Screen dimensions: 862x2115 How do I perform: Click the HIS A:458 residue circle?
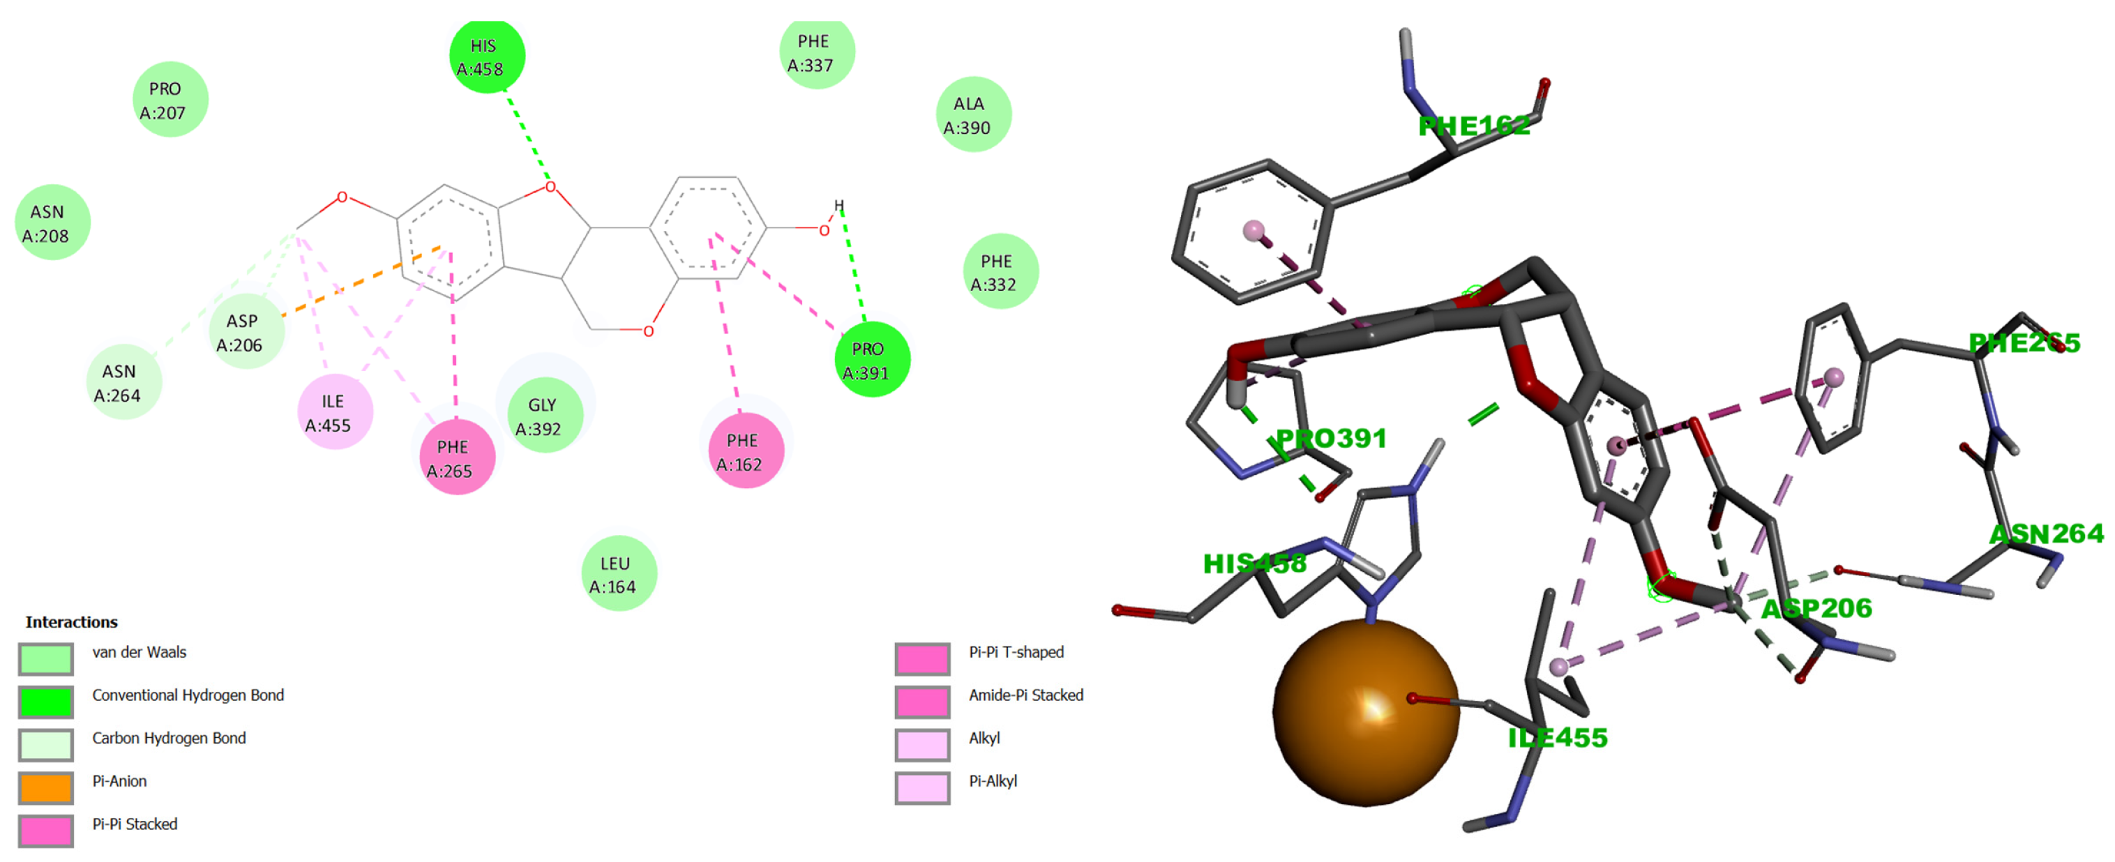click(487, 56)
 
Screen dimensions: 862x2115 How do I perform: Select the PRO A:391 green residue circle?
click(871, 361)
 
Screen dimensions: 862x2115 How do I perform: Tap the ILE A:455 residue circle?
click(334, 412)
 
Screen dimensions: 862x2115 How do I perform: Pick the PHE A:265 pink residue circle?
click(456, 458)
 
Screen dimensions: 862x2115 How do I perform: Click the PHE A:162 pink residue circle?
click(745, 451)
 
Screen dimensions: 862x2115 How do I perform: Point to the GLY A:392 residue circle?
click(543, 416)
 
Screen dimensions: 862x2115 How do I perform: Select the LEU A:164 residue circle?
click(618, 574)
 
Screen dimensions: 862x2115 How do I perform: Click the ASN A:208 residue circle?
click(52, 222)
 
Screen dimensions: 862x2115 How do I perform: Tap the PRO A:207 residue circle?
click(169, 99)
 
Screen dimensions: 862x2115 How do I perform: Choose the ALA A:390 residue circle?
click(972, 115)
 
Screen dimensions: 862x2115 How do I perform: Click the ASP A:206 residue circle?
click(246, 332)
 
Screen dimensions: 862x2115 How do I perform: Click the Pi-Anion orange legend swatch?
click(46, 787)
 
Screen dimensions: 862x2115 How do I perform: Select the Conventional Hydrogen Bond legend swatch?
click(46, 701)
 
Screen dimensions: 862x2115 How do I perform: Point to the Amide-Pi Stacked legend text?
click(1025, 695)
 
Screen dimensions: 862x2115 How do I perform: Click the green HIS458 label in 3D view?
click(1254, 564)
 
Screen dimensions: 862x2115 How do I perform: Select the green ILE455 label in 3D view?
click(1557, 737)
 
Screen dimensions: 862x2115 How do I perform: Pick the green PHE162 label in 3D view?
click(1474, 126)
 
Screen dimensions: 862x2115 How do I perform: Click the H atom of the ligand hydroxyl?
click(838, 205)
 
